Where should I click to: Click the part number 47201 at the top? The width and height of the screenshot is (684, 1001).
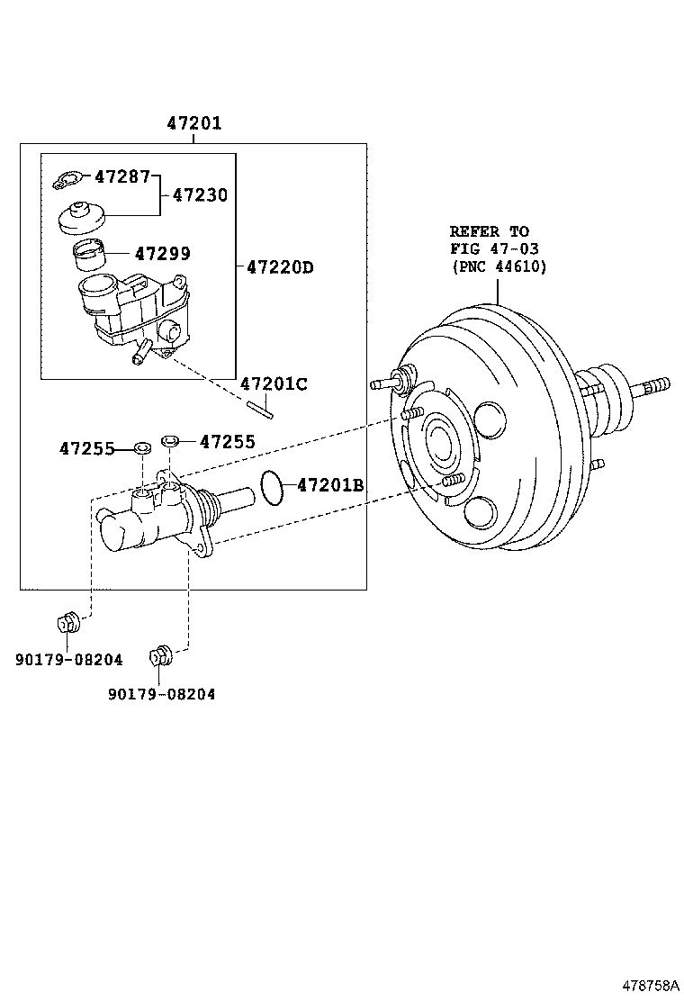pyautogui.click(x=193, y=123)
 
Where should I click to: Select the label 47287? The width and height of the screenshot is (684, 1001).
pyautogui.click(x=121, y=176)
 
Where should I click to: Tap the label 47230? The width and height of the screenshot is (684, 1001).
pyautogui.click(x=200, y=194)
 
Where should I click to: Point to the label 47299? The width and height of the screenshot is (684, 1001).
pyautogui.click(x=162, y=255)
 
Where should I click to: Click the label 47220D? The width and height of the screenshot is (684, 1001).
pyautogui.click(x=279, y=267)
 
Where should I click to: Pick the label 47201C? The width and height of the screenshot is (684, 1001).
pyautogui.click(x=274, y=384)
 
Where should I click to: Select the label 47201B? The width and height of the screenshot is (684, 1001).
pyautogui.click(x=330, y=486)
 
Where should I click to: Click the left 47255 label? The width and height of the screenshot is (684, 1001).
pyautogui.click(x=87, y=447)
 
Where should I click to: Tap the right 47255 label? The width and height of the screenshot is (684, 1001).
pyautogui.click(x=227, y=441)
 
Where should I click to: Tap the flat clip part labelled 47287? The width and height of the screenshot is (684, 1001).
pyautogui.click(x=68, y=181)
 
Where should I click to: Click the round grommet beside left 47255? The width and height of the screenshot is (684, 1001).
pyautogui.click(x=141, y=447)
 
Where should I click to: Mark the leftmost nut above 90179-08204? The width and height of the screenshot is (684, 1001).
pyautogui.click(x=67, y=623)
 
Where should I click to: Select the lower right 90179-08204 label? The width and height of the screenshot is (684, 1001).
pyautogui.click(x=161, y=694)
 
